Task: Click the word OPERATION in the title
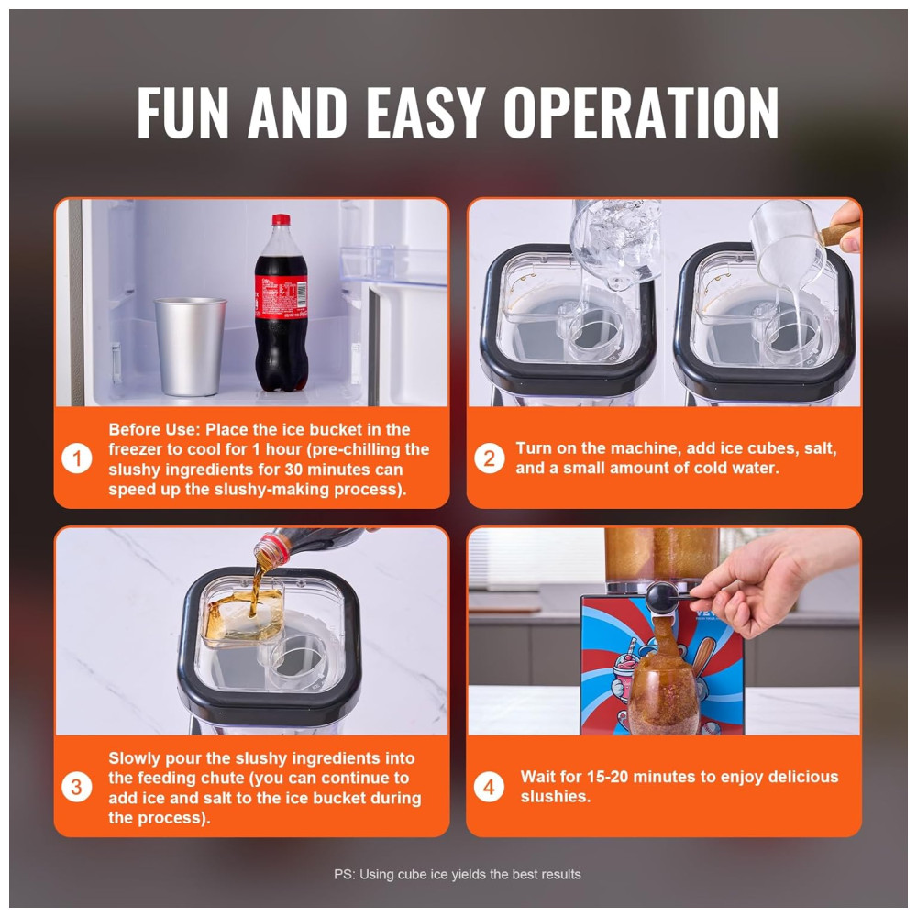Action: (641, 113)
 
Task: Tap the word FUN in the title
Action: (182, 113)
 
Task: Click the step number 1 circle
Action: (77, 458)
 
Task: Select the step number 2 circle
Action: (490, 458)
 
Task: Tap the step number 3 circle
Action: (77, 787)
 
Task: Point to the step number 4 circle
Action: (490, 787)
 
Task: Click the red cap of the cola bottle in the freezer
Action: (282, 219)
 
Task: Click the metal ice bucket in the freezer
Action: (190, 347)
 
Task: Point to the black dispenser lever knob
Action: (661, 598)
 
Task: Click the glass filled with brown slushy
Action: (664, 697)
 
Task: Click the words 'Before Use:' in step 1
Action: (154, 430)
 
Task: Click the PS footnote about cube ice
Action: (458, 874)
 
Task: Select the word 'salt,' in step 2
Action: (821, 448)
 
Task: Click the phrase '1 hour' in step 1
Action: (276, 449)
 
